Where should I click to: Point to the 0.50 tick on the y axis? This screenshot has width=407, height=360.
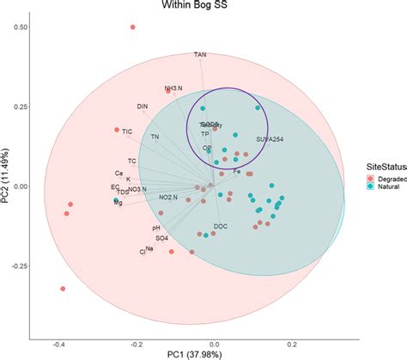click(x=16, y=27)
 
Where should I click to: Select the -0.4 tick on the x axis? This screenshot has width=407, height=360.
click(x=58, y=345)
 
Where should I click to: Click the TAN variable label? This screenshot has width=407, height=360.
click(x=200, y=55)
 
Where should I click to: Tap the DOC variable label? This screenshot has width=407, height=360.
click(x=221, y=226)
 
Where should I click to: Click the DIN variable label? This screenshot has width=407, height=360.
click(x=143, y=107)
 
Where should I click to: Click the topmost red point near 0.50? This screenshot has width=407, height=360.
click(x=133, y=27)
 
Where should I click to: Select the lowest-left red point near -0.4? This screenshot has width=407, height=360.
click(x=63, y=289)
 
